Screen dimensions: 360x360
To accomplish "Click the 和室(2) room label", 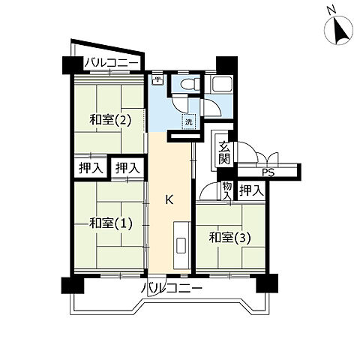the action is pyautogui.click(x=110, y=120).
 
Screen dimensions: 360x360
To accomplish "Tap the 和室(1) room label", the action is pyautogui.click(x=110, y=223).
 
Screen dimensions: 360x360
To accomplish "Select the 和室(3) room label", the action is pyautogui.click(x=229, y=238).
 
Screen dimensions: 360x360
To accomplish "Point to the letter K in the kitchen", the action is pyautogui.click(x=169, y=199).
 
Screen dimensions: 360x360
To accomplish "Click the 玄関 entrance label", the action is pyautogui.click(x=224, y=153).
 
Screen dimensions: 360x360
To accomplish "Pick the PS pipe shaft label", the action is pyautogui.click(x=268, y=172).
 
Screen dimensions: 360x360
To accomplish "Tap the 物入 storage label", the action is pyautogui.click(x=227, y=190).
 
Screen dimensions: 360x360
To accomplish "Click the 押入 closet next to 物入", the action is pyautogui.click(x=251, y=191).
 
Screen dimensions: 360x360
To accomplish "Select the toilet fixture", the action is pyautogui.click(x=190, y=83).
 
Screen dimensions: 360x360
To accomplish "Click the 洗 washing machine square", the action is pyautogui.click(x=189, y=121).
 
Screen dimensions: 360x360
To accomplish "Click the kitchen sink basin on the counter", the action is pyautogui.click(x=181, y=245).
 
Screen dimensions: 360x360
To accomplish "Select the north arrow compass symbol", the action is pyautogui.click(x=339, y=30).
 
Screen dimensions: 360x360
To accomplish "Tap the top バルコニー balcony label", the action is pyautogui.click(x=112, y=63).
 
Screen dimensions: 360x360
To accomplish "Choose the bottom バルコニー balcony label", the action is pyautogui.click(x=172, y=288).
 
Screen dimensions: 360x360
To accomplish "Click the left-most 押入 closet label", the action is pyautogui.click(x=91, y=168).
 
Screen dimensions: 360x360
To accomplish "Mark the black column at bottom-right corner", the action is pyautogui.click(x=267, y=283).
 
